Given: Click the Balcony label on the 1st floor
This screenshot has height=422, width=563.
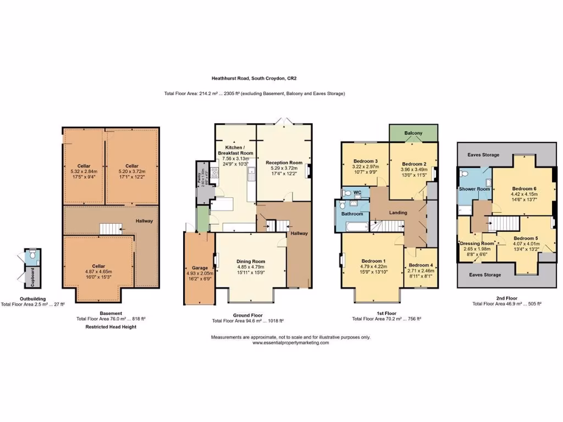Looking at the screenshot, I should pos(413,134).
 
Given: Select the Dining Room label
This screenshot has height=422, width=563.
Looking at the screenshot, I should pos(251,262).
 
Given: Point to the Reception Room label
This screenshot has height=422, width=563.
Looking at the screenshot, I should pos(284,163).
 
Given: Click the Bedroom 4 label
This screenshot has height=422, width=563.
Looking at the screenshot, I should pos(421,265).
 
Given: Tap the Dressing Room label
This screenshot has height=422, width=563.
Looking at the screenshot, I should pos(477,243).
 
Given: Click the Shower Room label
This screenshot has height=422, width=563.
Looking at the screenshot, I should pos(474,189).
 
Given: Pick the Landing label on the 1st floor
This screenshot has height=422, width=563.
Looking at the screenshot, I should pos(398,213).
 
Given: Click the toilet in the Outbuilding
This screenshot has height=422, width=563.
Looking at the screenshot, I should pos(32,255).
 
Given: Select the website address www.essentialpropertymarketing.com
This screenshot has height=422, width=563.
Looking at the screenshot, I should pos(291,342).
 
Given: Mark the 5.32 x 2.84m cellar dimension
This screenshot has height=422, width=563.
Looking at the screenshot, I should pos(84,171).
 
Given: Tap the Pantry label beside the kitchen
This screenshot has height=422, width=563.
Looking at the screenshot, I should pos(200,179).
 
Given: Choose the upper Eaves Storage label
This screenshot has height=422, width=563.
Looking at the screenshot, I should pos(484,155).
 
